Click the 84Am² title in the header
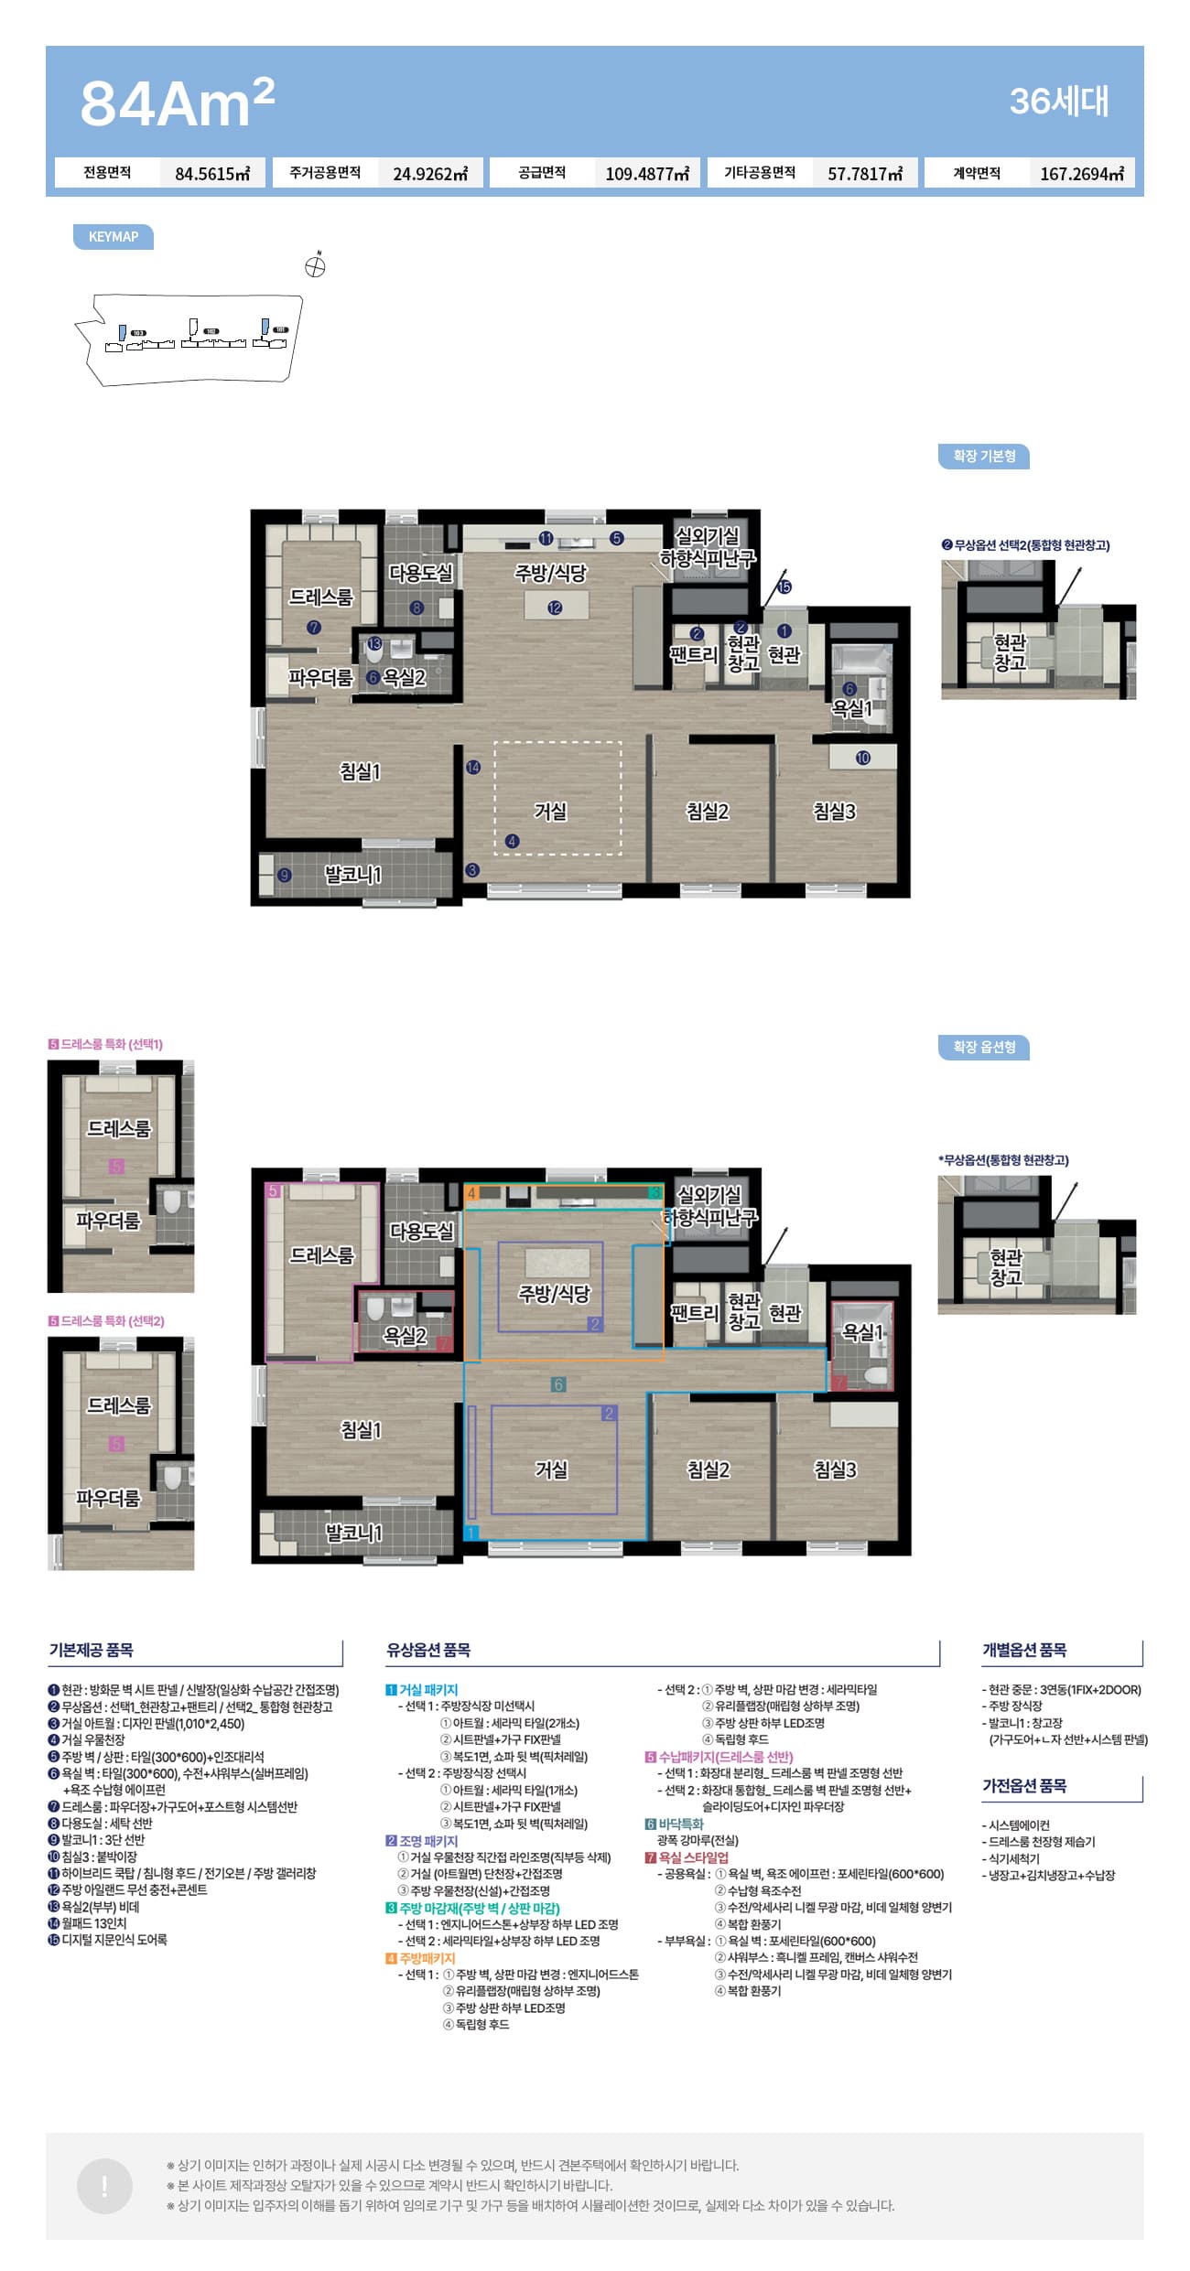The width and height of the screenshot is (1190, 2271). [178, 102]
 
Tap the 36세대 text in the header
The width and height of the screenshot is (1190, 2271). [1058, 101]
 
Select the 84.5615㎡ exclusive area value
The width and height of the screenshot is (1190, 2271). [212, 174]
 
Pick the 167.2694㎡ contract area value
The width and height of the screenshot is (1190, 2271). [1082, 174]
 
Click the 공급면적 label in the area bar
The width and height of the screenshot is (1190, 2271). [542, 173]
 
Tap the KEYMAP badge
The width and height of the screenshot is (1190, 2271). [114, 237]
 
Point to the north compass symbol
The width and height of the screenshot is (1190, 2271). [316, 265]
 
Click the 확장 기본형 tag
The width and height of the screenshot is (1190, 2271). [984, 456]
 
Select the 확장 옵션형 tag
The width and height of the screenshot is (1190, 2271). [984, 1047]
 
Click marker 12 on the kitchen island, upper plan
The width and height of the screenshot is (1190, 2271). [555, 608]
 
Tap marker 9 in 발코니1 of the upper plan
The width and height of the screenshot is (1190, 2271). [285, 876]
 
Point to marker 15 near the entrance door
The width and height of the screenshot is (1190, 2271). [784, 587]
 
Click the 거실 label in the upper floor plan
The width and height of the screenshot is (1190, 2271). [550, 812]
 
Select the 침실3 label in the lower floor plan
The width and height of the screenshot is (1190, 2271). [835, 1469]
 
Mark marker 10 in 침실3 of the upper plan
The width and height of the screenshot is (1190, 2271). [863, 758]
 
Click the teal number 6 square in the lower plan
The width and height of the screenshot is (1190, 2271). [558, 1384]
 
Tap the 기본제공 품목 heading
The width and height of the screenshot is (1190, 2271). [92, 1650]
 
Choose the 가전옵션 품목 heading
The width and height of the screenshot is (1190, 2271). [1024, 1785]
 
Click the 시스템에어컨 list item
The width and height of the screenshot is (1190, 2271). [1016, 1824]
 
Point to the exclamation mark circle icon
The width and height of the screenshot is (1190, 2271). [104, 2186]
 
